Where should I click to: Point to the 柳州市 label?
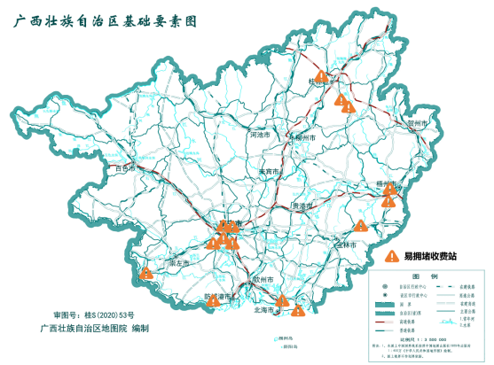click(303, 138)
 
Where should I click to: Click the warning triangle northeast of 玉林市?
click(360, 225)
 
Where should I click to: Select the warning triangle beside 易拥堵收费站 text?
click(391, 256)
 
